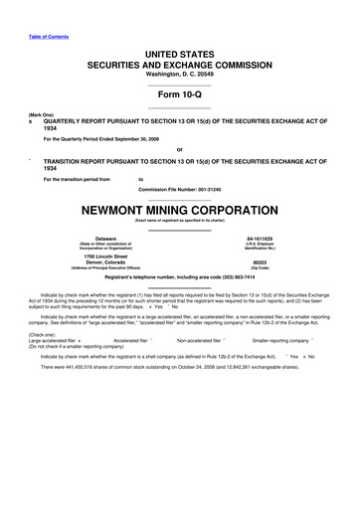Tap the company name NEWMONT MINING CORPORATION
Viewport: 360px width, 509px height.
coord(179,211)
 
